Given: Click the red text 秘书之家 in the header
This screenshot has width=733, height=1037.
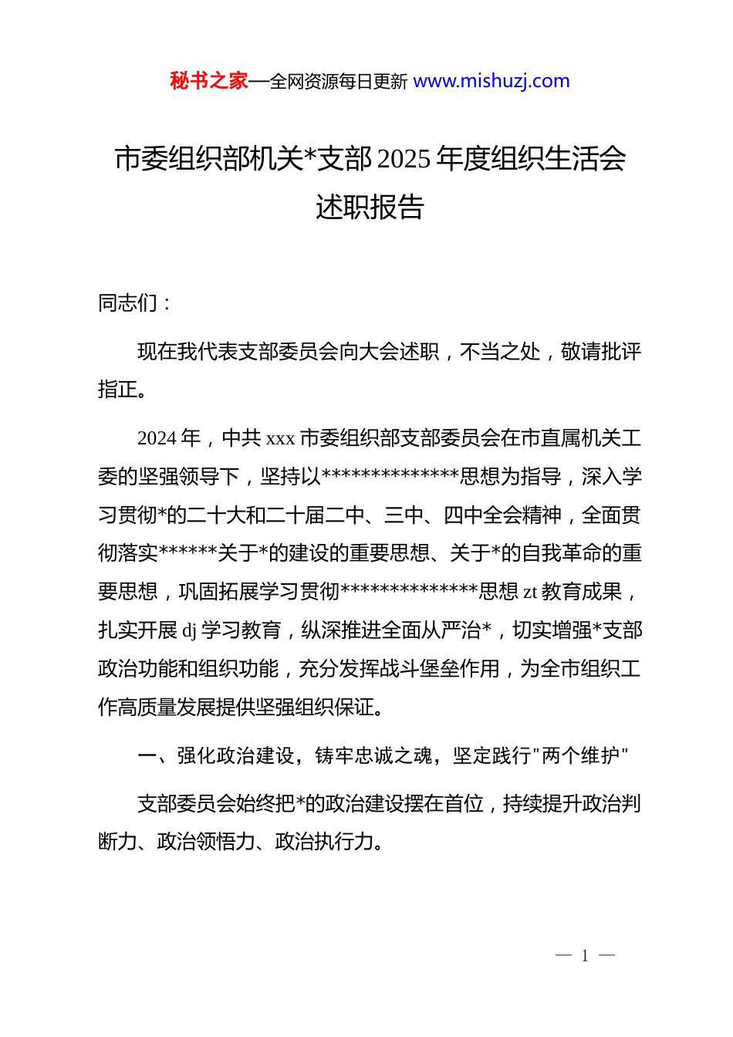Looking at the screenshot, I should [x=209, y=81].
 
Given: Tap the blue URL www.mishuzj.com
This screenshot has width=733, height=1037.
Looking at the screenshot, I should [x=491, y=81].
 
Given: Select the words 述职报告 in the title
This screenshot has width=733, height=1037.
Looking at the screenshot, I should [x=370, y=207].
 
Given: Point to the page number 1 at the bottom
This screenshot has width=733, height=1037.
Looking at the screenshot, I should [x=585, y=956].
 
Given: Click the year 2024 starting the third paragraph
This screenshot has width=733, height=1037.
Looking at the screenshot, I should [x=157, y=438].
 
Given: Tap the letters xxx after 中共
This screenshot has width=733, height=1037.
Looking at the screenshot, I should [x=280, y=439].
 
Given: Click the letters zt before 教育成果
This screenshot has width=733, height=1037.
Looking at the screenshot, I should [x=530, y=593].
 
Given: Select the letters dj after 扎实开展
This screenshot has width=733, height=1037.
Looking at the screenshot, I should [x=189, y=631].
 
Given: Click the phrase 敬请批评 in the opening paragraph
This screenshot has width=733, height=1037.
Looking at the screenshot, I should [x=601, y=352].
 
